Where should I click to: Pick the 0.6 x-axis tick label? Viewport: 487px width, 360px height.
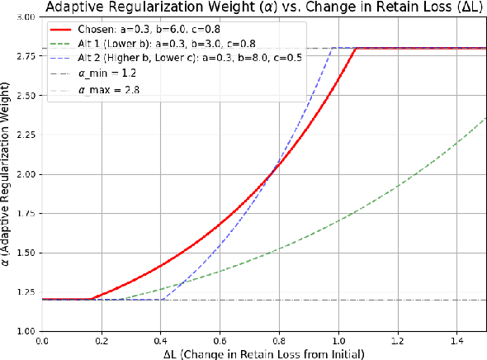(x=220, y=340)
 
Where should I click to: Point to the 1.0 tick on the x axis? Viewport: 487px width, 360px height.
(x=338, y=340)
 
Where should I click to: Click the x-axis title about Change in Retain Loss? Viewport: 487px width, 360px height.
(x=262, y=353)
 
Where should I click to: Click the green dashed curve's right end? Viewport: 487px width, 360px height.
(x=486, y=117)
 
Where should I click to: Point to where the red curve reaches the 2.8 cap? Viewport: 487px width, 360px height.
(x=355, y=49)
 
